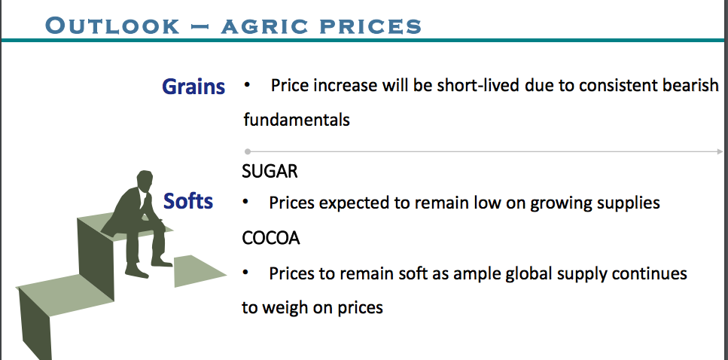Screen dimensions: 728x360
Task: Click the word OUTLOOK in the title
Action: click(112, 26)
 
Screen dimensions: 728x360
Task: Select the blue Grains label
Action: click(193, 87)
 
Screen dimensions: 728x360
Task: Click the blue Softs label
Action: click(188, 201)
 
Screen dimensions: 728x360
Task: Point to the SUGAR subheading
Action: click(270, 172)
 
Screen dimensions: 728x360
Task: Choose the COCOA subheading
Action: click(271, 238)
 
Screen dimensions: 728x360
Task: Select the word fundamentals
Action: click(297, 120)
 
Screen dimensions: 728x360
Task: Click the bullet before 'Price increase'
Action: click(247, 85)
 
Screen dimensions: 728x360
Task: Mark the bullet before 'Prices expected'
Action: click(245, 203)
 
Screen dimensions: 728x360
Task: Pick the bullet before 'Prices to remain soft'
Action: click(245, 273)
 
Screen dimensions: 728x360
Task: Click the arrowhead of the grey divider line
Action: click(720, 151)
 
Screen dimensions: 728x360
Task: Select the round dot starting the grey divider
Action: click(248, 151)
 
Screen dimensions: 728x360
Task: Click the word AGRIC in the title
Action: click(263, 26)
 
